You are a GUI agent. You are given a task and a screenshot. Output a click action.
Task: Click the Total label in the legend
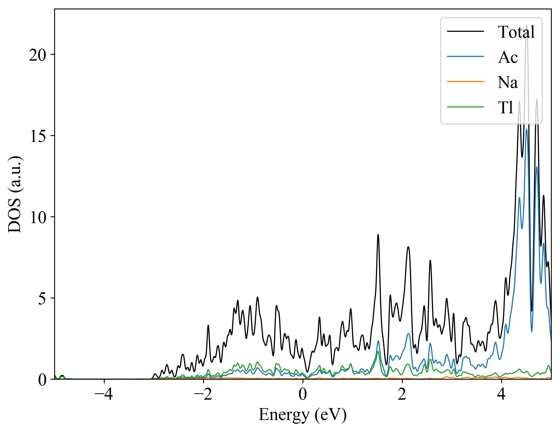click(516, 32)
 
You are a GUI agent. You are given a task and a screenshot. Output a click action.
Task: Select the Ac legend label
click(508, 57)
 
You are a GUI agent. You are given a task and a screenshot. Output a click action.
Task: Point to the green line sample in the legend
click(465, 107)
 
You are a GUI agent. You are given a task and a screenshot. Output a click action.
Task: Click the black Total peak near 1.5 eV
click(378, 235)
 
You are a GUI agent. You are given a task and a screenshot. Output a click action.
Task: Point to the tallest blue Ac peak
click(527, 130)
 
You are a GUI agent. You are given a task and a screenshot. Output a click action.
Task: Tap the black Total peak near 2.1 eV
click(408, 247)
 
